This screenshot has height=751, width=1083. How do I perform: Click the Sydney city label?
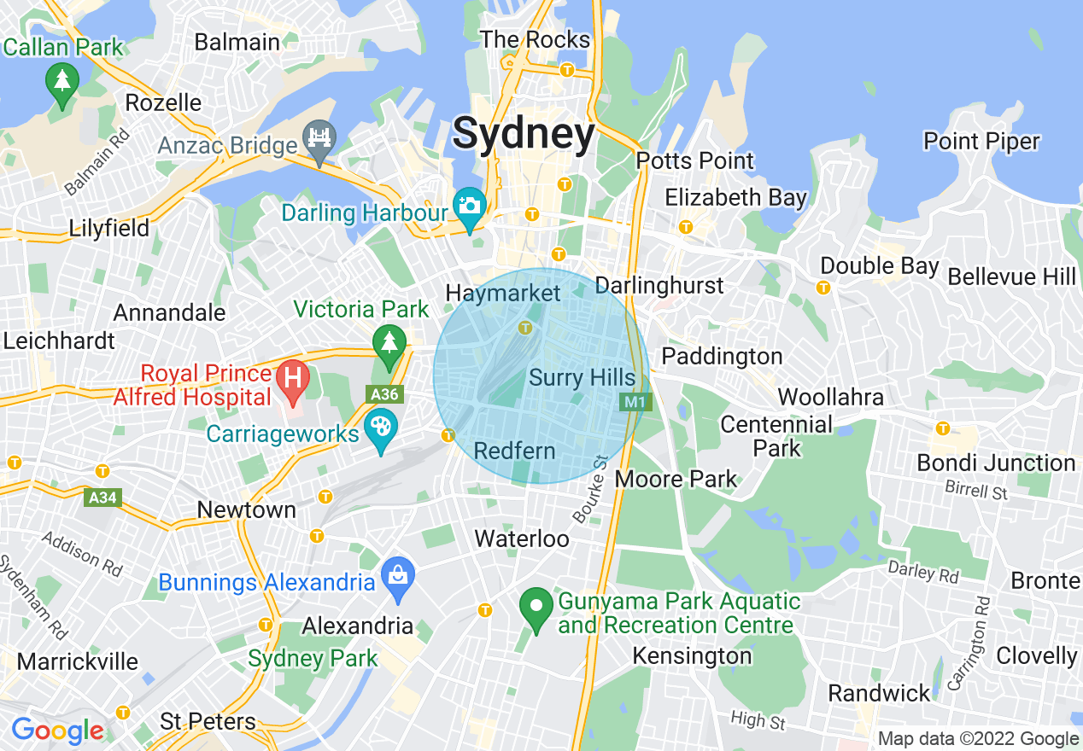coord(523,134)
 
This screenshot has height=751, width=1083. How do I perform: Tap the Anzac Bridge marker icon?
coord(320,138)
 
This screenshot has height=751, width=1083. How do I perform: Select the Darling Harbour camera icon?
coord(469,205)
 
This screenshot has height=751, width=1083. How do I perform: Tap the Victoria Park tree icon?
coord(389,343)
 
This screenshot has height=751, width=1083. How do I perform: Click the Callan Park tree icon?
coord(62,81)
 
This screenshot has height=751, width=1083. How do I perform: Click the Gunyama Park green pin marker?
coord(536,607)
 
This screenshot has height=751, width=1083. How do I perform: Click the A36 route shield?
coord(383,393)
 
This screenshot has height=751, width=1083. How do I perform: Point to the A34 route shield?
coord(102,498)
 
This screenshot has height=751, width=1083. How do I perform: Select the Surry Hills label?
coord(582,378)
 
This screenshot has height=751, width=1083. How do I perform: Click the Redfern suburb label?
coord(514,451)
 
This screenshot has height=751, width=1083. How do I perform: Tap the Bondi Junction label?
coord(995,463)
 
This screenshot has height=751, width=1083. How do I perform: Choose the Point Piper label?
coord(981,141)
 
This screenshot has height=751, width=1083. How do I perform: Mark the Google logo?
coord(57,731)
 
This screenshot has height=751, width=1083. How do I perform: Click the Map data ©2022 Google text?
coord(978,739)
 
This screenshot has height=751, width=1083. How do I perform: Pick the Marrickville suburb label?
coord(77,661)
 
